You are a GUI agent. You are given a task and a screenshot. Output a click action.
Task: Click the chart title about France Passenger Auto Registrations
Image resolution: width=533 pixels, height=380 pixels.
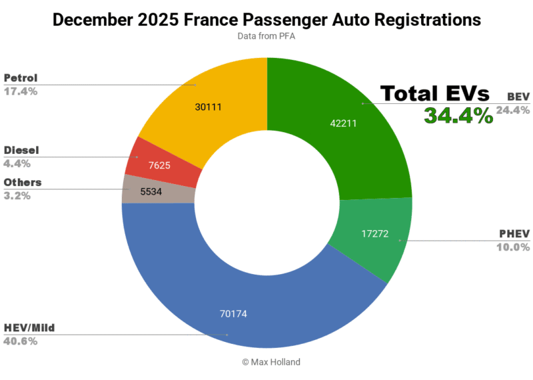pyautogui.click(x=266, y=20)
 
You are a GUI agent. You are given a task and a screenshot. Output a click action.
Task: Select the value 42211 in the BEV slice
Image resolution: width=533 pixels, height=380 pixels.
pyautogui.click(x=344, y=123)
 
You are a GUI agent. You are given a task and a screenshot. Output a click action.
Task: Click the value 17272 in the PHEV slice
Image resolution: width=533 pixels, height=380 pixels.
pyautogui.click(x=374, y=234)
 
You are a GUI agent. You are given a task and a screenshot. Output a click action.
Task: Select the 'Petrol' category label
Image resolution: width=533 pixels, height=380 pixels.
pyautogui.click(x=21, y=78)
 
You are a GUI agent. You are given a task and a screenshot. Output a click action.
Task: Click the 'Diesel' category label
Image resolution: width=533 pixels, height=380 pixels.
pyautogui.click(x=21, y=151)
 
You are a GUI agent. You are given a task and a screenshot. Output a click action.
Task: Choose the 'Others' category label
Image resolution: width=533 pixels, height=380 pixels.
pyautogui.click(x=23, y=183)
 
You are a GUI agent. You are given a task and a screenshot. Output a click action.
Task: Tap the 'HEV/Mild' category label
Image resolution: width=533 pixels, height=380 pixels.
pyautogui.click(x=29, y=329)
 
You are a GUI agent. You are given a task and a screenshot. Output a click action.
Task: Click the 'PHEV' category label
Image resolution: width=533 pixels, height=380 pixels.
pyautogui.click(x=514, y=234)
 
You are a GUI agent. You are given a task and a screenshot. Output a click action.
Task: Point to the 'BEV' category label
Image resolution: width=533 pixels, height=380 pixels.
pyautogui.click(x=517, y=97)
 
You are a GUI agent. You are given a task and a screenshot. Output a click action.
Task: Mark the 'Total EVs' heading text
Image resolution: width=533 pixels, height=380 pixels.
pyautogui.click(x=434, y=94)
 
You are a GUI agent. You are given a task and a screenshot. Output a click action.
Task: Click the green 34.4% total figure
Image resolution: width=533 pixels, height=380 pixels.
pyautogui.click(x=458, y=115)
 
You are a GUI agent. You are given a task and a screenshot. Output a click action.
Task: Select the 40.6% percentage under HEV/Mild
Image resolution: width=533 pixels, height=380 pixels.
pyautogui.click(x=21, y=341)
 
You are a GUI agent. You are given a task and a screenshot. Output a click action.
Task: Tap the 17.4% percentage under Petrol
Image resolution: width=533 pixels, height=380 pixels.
pyautogui.click(x=21, y=91)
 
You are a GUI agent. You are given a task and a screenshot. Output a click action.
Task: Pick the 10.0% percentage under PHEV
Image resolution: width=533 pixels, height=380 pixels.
pyautogui.click(x=513, y=247)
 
